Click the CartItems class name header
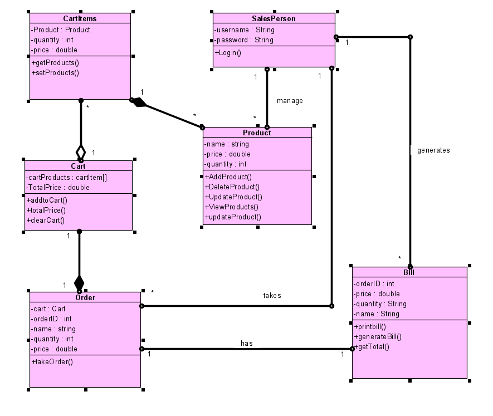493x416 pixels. (80, 18)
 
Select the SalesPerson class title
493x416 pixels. (274, 18)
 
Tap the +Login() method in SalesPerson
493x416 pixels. (228, 52)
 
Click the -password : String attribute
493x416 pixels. (244, 40)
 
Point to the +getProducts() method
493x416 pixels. (55, 62)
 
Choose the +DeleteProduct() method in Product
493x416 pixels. (232, 187)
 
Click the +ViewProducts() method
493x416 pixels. (232, 207)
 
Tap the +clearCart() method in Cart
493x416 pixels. (46, 220)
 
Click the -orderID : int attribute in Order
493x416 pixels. (52, 319)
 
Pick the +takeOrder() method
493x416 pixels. (52, 361)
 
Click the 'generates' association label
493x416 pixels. (433, 150)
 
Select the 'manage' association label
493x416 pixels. (290, 101)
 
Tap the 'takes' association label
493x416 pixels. (272, 296)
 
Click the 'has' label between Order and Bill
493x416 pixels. (246, 344)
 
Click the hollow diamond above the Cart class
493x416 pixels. (81, 151)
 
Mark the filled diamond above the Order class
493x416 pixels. (79, 282)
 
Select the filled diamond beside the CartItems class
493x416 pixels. (139, 102)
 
